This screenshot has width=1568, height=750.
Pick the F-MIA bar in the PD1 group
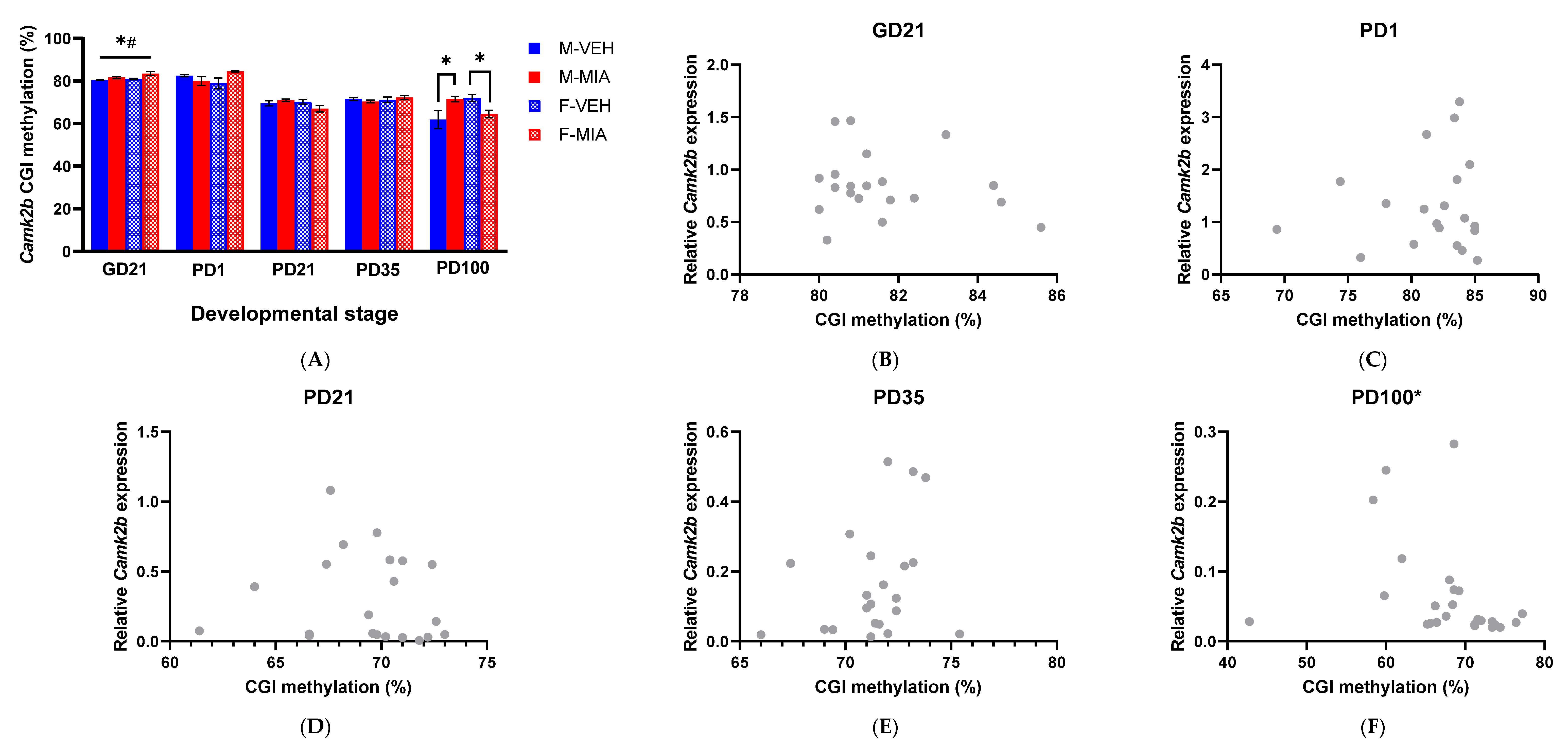pyautogui.click(x=235, y=161)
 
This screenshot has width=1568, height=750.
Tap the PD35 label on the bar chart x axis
pyautogui.click(x=377, y=270)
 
